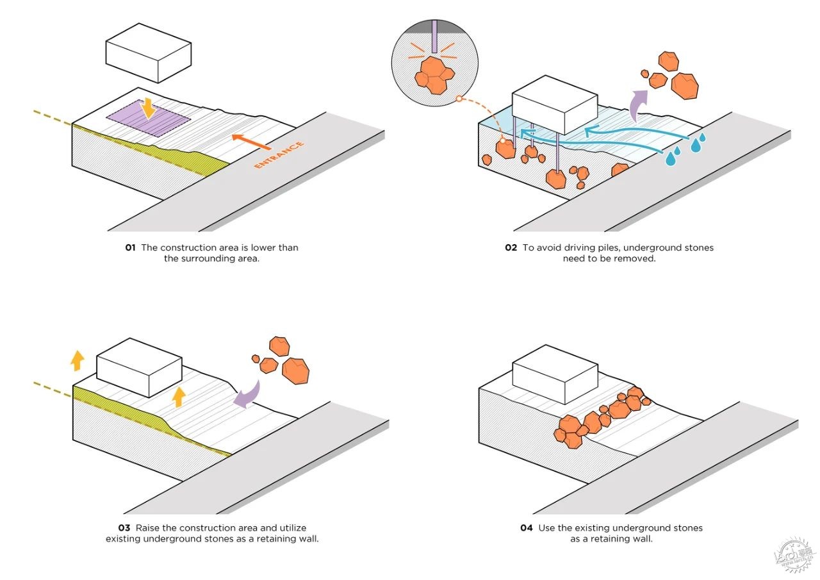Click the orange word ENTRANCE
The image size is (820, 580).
coord(279,154)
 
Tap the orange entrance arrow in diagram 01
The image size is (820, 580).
coord(251,142)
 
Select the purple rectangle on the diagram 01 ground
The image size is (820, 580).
coord(148,119)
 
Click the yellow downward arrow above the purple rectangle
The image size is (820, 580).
coord(148,108)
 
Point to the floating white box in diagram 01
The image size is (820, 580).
coord(149,53)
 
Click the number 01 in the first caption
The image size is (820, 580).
coord(130,248)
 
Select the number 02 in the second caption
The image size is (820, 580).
coord(511,248)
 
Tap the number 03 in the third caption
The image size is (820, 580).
coord(124,528)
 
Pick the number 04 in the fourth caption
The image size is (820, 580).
coord(527,528)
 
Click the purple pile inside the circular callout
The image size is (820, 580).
coord(434,37)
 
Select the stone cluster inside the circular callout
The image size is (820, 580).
coord(434,75)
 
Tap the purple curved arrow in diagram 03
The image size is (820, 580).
coord(248,395)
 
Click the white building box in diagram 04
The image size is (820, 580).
coord(555,374)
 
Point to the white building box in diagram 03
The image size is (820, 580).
coord(140,368)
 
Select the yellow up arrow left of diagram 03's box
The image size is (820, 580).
coord(78,361)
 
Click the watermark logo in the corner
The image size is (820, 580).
coord(794,558)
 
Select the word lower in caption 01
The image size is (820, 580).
coord(263,248)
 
